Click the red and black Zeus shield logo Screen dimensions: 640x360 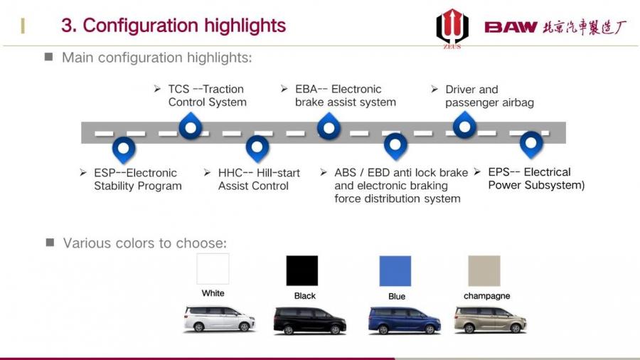452,28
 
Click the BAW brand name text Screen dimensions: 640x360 511,27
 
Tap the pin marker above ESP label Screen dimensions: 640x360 124,149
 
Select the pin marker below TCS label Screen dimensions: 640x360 191,126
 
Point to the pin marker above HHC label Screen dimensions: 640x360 257,149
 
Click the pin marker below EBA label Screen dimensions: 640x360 329,127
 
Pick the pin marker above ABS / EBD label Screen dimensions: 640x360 395,147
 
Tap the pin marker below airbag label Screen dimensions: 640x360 464,125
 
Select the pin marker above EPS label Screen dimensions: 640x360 531,145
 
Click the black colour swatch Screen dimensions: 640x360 302,270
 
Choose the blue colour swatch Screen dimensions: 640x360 395,271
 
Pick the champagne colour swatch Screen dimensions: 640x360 484,271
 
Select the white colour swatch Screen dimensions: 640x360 213,268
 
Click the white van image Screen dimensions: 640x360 219,319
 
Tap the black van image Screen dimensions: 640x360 310,321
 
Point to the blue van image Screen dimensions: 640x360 404,321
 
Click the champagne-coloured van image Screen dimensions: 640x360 490,320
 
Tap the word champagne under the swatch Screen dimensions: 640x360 487,296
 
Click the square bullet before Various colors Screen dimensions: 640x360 50,243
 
